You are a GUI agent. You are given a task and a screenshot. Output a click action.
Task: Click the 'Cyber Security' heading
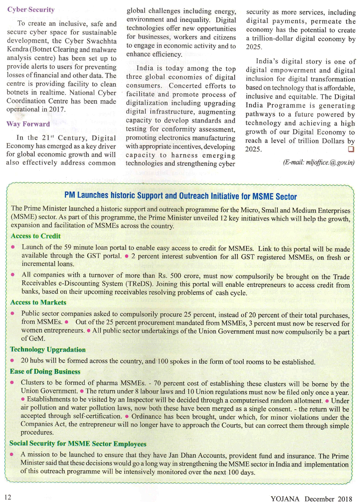coord(31,10)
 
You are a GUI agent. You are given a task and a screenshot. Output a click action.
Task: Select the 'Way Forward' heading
coord(28,124)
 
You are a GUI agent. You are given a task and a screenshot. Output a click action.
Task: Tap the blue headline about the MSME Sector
coord(180,196)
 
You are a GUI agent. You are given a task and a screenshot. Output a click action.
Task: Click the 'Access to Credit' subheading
coord(36,236)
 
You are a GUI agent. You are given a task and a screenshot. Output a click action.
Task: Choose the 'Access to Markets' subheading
coord(38,302)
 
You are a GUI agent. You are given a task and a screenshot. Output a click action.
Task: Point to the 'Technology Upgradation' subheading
coord(48,350)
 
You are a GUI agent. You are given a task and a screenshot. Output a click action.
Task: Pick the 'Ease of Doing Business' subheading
coord(45,372)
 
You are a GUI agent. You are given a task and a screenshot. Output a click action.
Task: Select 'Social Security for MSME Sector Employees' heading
coord(78,444)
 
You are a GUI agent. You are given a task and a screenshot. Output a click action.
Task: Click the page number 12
coord(8,497)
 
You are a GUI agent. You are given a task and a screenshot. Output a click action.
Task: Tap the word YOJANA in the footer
coord(285,499)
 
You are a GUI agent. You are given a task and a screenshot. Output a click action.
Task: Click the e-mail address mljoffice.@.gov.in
coord(319,162)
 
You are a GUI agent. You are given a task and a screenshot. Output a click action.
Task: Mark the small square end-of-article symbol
coord(351,149)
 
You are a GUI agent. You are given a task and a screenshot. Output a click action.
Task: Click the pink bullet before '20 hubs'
coord(12,360)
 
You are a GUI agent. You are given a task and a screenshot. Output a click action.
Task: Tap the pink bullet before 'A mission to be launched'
coord(12,454)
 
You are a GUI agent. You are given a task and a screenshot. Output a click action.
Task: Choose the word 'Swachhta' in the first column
coord(102,41)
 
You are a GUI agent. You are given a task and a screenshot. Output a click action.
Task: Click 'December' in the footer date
coord(319,499)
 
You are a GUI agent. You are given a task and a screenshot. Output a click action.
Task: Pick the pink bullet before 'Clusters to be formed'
coord(12,382)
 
